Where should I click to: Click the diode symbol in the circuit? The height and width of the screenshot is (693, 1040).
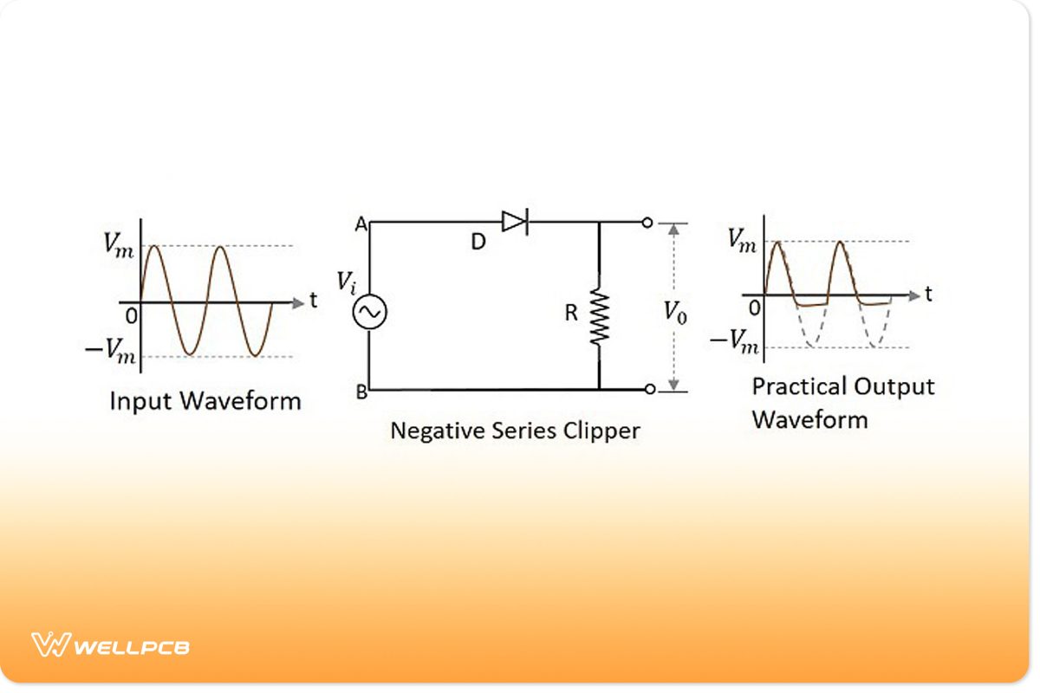pyautogui.click(x=514, y=223)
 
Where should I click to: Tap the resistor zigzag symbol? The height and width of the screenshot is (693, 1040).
pyautogui.click(x=599, y=317)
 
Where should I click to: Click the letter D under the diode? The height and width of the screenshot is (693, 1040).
pyautogui.click(x=478, y=243)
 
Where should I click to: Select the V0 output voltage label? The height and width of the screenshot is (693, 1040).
pyautogui.click(x=675, y=311)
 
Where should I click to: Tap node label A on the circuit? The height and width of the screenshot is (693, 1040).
pyautogui.click(x=361, y=224)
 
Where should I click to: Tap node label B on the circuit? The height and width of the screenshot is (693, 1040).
pyautogui.click(x=361, y=392)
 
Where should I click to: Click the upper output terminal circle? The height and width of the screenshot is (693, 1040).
pyautogui.click(x=647, y=223)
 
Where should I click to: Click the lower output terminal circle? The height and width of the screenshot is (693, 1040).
pyautogui.click(x=647, y=390)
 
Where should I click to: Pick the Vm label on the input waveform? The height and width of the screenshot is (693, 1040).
pyautogui.click(x=119, y=244)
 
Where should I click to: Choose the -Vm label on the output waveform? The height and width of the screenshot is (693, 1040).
pyautogui.click(x=734, y=341)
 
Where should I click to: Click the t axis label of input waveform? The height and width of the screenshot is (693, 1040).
pyautogui.click(x=313, y=301)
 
